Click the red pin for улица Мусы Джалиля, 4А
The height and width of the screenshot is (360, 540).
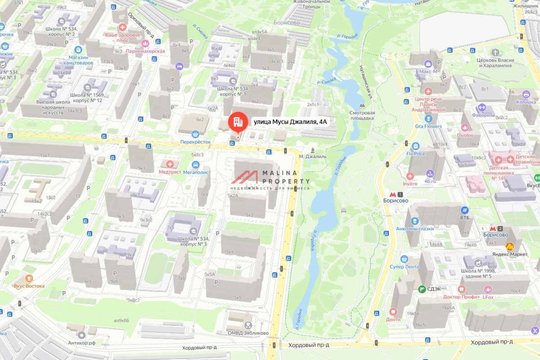pyautogui.click(x=237, y=121)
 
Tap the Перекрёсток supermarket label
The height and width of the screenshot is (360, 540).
pyautogui.click(x=195, y=141)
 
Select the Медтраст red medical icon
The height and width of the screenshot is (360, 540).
pyautogui.click(x=170, y=164)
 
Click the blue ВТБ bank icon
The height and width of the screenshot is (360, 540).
pyautogui.click(x=465, y=210)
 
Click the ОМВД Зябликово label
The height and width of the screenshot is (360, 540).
pyautogui.click(x=247, y=333)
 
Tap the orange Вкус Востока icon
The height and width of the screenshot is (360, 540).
pyautogui.click(x=29, y=279)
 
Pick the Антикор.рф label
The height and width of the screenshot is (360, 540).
pyautogui.click(x=81, y=343)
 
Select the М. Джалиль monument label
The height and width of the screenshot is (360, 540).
pyautogui.click(x=312, y=157)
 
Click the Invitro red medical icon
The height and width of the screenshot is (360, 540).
pyautogui.click(x=410, y=176)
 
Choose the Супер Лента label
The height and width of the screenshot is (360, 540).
pyautogui.click(x=404, y=266)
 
